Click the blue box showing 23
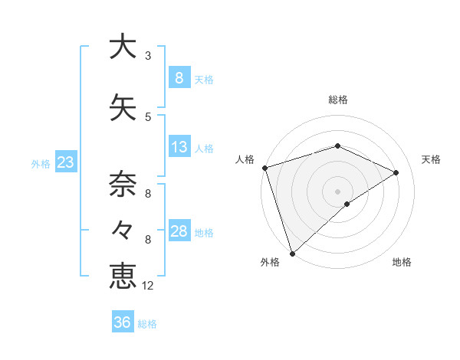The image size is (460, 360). click(x=65, y=162)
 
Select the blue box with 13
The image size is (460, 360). click(x=179, y=147)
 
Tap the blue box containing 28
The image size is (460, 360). click(x=179, y=231)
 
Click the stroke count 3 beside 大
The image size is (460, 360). click(x=148, y=56)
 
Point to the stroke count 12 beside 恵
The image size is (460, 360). click(x=148, y=286)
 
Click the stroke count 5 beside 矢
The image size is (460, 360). click(x=148, y=117)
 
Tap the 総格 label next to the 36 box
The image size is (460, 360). click(x=148, y=324)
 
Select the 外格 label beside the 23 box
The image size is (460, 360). click(x=41, y=163)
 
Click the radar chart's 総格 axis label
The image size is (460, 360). click(x=337, y=100)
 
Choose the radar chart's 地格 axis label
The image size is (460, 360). click(x=402, y=263)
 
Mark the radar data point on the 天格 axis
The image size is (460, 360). click(x=396, y=172)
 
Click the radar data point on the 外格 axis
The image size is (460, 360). click(x=292, y=253)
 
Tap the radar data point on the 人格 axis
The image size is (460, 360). click(x=264, y=168)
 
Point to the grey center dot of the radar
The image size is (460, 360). click(x=337, y=191)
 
